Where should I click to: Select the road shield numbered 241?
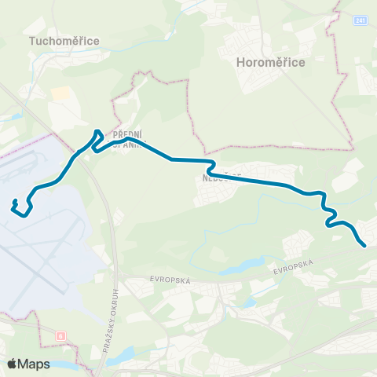(360, 20)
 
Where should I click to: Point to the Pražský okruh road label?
(109, 315)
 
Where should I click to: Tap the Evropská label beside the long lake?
(295, 266)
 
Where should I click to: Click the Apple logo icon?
(13, 364)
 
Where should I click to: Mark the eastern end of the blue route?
(365, 246)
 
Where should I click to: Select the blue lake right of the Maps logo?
(67, 366)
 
